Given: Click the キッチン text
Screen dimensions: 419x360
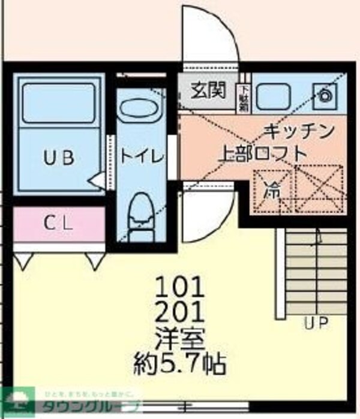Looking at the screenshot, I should click(x=298, y=131).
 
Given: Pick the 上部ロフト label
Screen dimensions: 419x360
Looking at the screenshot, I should click(x=262, y=153).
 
